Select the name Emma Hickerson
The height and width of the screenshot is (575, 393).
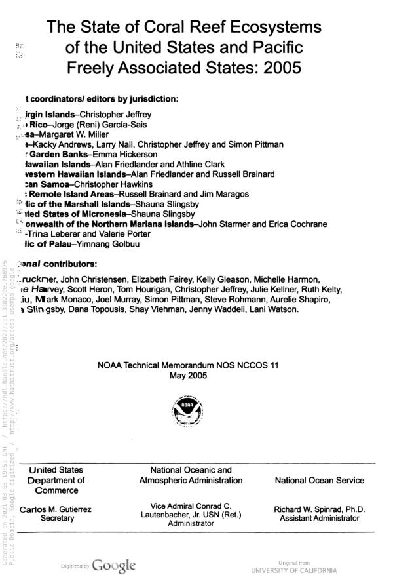tap(123, 154)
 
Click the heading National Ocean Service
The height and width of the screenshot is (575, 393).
tap(320, 481)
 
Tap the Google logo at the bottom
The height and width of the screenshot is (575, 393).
tap(114, 565)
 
